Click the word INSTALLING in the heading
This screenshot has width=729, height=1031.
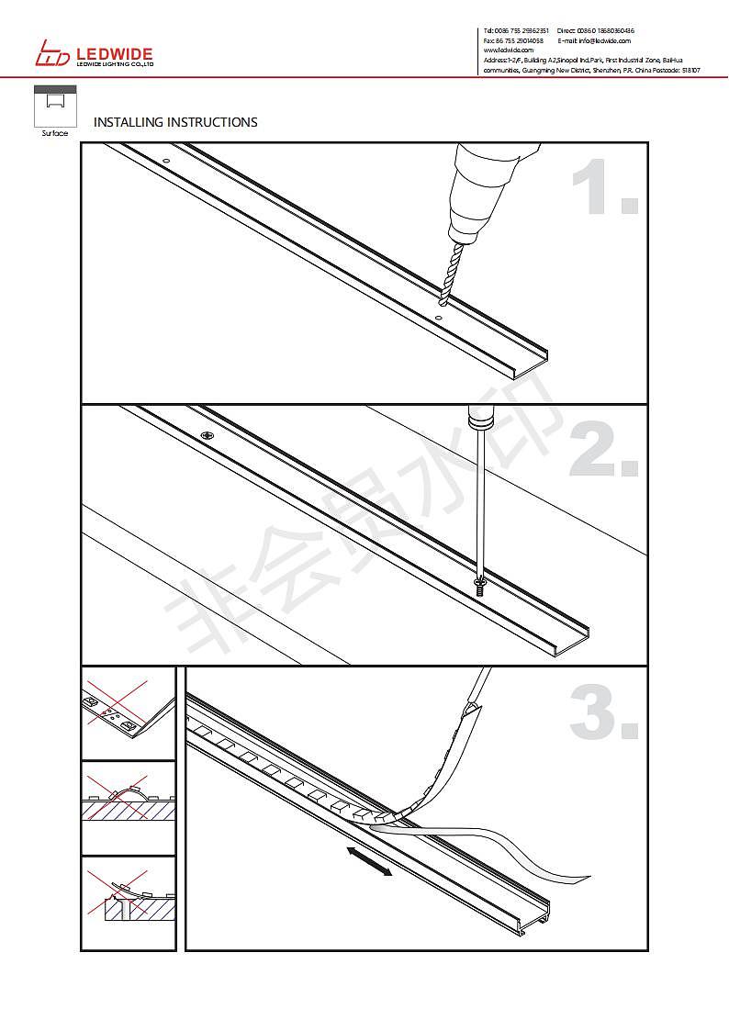tap(128, 122)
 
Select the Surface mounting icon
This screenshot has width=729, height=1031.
tap(54, 106)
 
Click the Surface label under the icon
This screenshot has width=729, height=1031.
tap(54, 134)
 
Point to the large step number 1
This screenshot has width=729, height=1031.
tap(602, 188)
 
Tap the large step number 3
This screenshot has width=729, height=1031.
tap(602, 712)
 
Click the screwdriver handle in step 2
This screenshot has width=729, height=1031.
tap(480, 418)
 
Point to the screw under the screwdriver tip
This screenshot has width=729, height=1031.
tap(479, 586)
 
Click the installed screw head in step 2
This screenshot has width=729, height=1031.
tap(208, 435)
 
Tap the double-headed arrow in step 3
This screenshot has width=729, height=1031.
tap(370, 862)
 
